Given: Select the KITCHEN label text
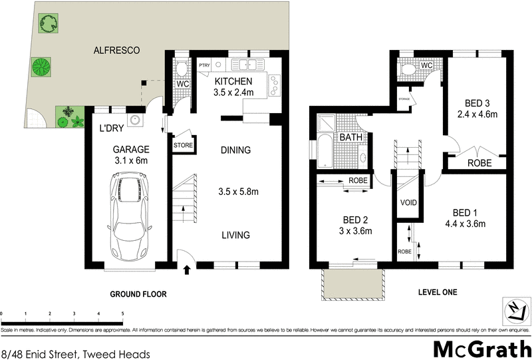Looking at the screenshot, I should [x=233, y=81].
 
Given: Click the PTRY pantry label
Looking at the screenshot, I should [x=204, y=65].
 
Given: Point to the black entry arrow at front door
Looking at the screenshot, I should [x=187, y=270].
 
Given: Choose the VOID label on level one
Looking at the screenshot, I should [x=408, y=202].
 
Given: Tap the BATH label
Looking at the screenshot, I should [x=350, y=137].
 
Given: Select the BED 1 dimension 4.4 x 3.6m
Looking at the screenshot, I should [x=465, y=224].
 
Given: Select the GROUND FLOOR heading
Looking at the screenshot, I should [x=138, y=293].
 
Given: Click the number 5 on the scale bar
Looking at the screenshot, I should [x=123, y=313].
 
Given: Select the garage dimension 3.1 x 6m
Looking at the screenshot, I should [x=130, y=160].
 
